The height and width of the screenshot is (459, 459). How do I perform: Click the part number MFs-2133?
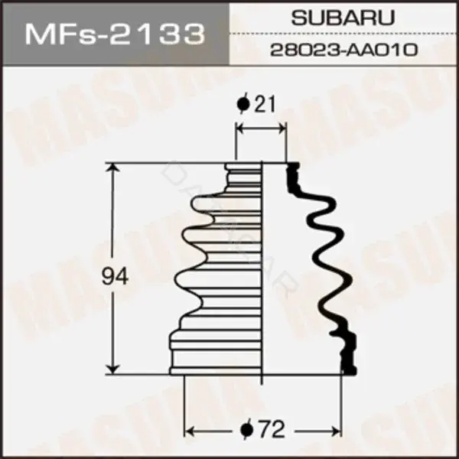point(115,35)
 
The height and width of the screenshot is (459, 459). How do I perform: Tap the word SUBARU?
point(343,18)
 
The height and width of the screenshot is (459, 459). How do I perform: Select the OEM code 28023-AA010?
point(343,50)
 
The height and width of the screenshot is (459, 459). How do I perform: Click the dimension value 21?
point(265,105)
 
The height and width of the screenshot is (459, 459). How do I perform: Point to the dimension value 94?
point(115,277)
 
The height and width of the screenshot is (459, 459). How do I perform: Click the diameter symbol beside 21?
point(243,103)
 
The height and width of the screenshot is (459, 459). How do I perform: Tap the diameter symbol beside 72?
point(246,430)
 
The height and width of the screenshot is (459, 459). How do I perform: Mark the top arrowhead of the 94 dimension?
point(113,169)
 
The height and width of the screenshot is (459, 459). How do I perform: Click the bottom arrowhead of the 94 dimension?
point(113,369)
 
